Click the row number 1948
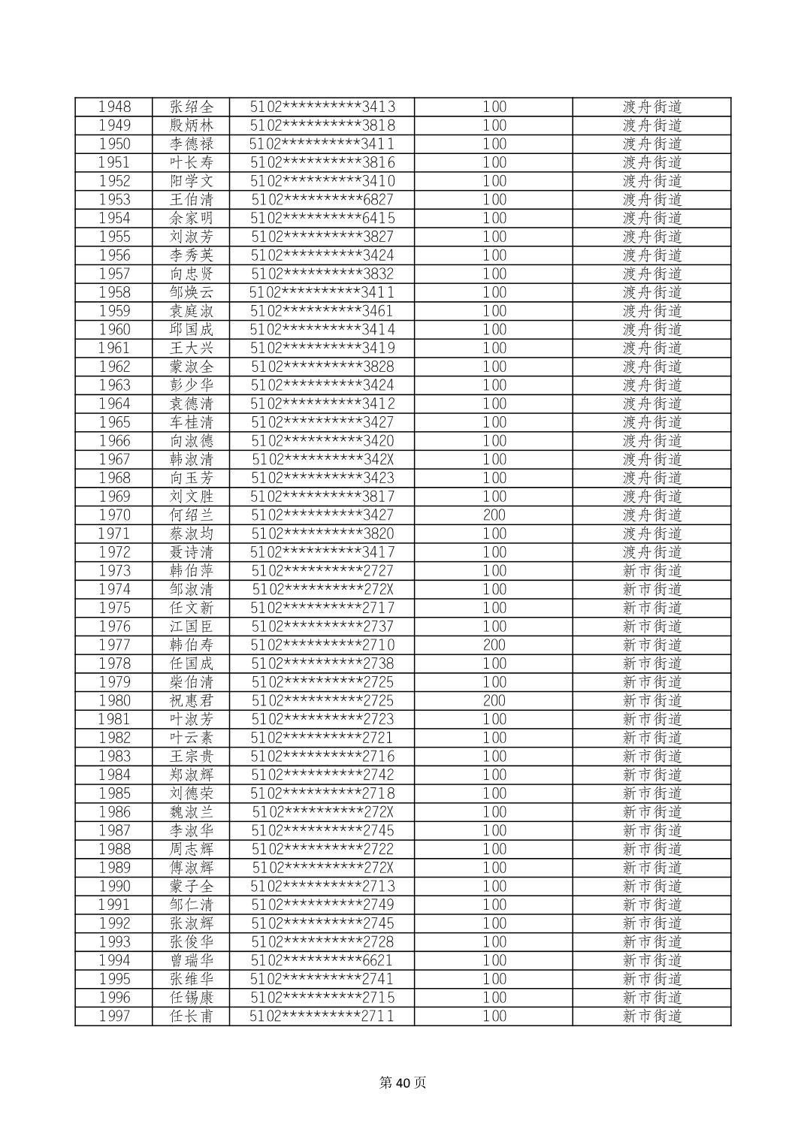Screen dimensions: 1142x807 114,107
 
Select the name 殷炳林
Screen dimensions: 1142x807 192,125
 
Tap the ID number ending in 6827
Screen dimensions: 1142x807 322,200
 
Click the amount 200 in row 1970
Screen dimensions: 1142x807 494,515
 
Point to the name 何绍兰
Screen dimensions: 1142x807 192,515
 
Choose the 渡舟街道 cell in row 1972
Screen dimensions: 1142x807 651,552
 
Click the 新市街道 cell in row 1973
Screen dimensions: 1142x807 651,571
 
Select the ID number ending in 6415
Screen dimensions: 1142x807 322,218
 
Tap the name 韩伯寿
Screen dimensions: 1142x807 192,645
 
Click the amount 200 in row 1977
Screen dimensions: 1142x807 494,645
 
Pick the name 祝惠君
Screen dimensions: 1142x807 192,700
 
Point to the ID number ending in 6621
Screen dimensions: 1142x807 322,960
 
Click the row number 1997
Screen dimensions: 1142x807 114,1016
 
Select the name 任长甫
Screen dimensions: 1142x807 192,1016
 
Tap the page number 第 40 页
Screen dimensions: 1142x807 403,1083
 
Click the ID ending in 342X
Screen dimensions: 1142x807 322,459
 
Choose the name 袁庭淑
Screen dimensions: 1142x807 192,311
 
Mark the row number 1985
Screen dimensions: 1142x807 114,793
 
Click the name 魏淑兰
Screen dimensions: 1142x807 192,812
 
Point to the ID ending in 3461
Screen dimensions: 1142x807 322,311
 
